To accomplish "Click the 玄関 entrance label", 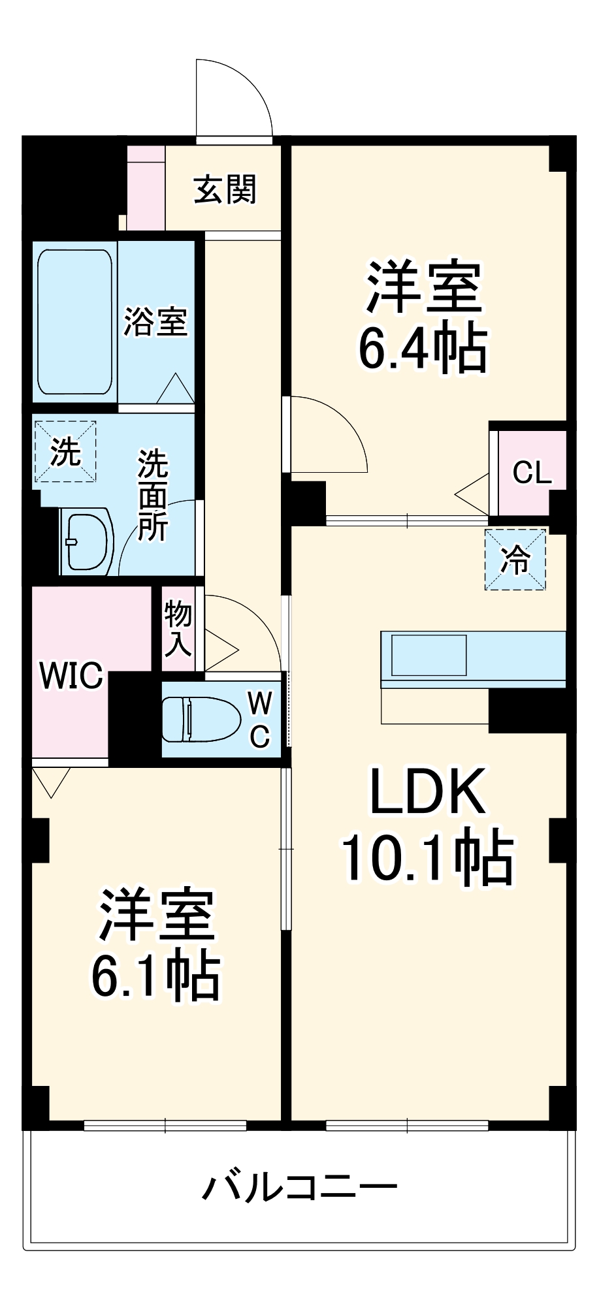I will pos(225,190).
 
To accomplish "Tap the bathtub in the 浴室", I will pos(74,322).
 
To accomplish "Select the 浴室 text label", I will pos(155,322).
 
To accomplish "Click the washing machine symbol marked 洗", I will pos(65,452).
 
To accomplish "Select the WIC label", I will pos(71,676).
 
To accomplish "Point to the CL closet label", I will pos(532,472).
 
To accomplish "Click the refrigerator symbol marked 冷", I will pos(515,560).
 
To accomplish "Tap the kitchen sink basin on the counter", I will pos(429,655).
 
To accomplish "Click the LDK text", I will pos(428,792).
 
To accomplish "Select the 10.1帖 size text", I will pos(428,857).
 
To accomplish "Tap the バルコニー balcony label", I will pos(299,1187).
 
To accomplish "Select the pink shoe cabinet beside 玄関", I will pos(146,188).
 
